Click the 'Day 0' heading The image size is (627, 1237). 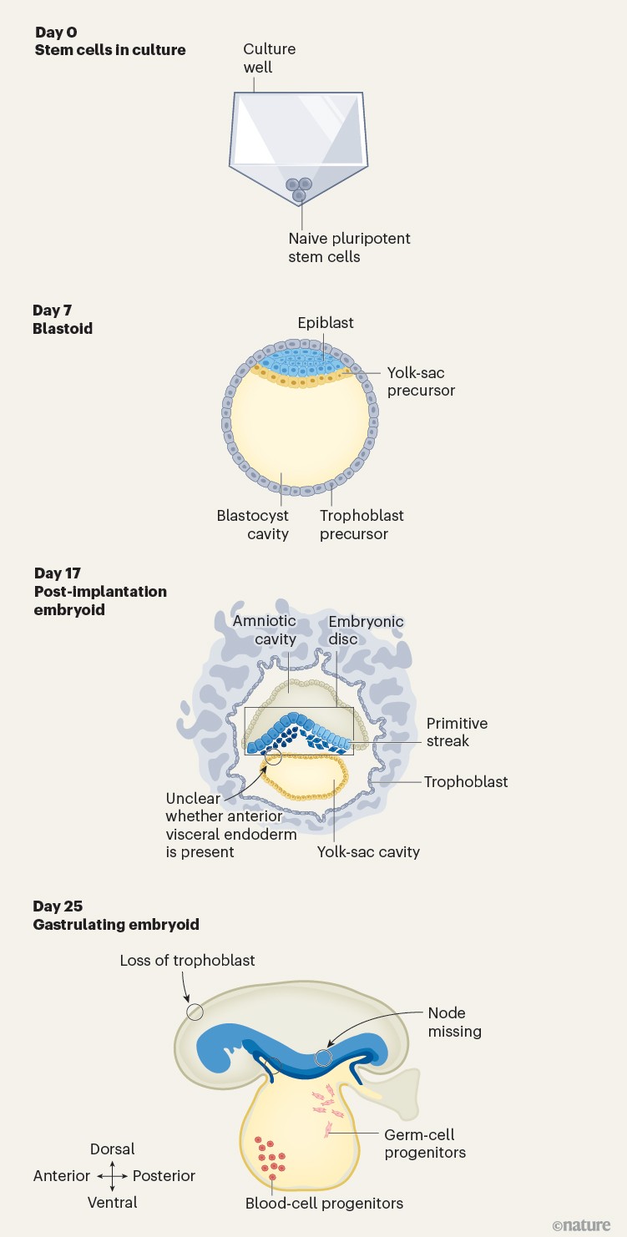[55, 33]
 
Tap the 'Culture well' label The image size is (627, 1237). [269, 58]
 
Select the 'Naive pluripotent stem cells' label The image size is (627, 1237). [349, 248]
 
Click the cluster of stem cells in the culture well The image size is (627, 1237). [299, 188]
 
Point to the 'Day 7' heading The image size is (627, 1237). [52, 311]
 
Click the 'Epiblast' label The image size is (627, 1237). [326, 323]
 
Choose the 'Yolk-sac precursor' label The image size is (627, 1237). [422, 381]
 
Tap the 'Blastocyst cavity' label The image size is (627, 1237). [253, 525]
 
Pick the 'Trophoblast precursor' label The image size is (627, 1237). [362, 525]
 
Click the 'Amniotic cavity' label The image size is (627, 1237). [263, 630]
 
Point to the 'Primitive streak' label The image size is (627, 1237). [457, 732]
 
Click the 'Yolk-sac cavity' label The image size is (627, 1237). [368, 852]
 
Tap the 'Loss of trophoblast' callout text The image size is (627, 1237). [187, 961]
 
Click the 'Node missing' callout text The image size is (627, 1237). [454, 1022]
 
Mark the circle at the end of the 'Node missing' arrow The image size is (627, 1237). [323, 1058]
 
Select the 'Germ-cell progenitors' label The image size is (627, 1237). [425, 1144]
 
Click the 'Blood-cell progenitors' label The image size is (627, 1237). [324, 1203]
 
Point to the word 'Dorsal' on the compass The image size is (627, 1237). [112, 1149]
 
